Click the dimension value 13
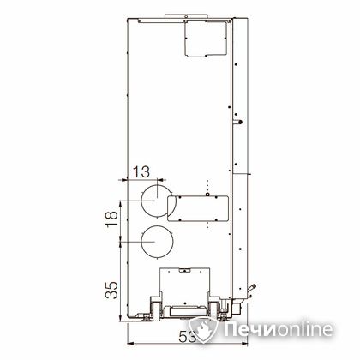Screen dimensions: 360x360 click(141, 172)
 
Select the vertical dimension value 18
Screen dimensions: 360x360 click(111, 219)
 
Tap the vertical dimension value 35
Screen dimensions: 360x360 click(111, 291)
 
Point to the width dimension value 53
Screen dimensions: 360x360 click(188, 338)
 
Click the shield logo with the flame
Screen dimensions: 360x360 click(203, 329)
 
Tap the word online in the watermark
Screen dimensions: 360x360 click(304, 329)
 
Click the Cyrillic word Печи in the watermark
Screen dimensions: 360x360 click(249, 330)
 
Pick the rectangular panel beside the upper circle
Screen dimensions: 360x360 click(198, 208)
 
